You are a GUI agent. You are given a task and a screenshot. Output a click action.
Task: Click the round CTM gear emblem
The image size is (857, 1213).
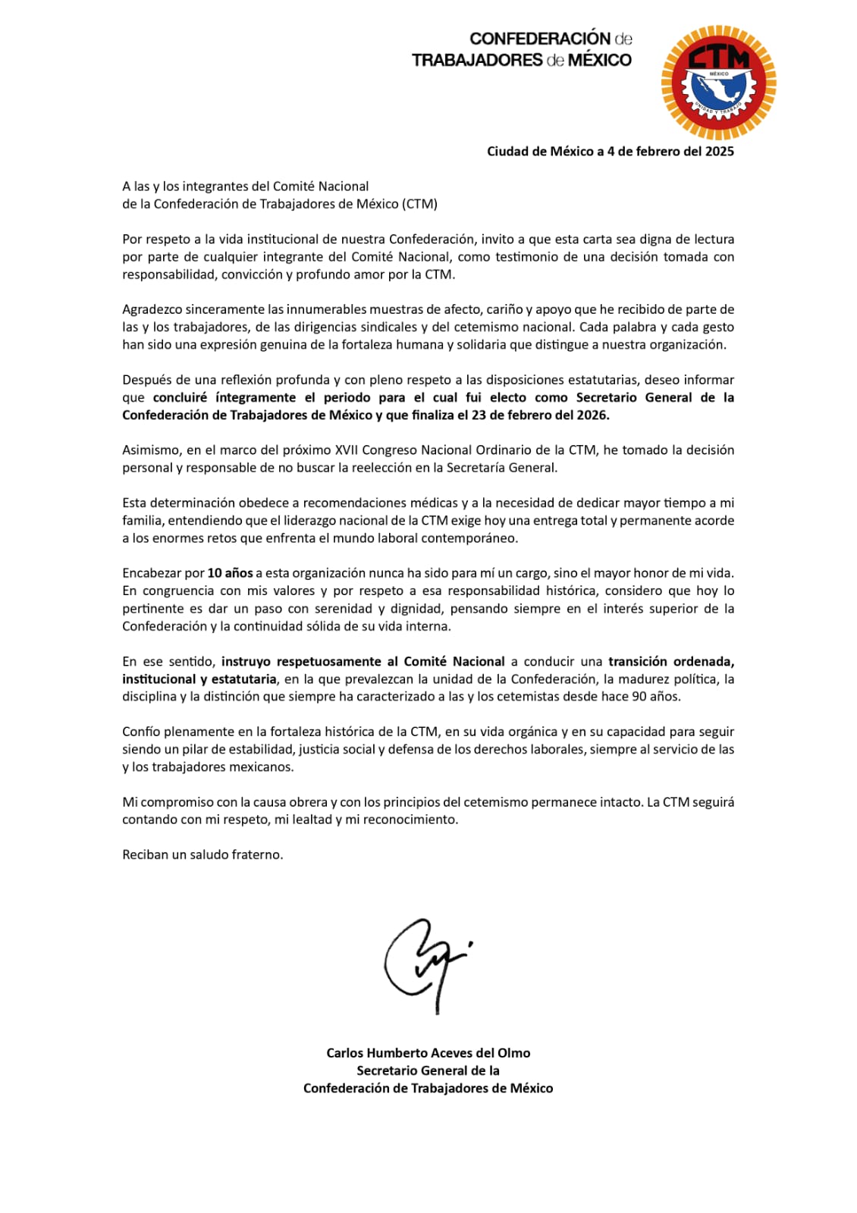pos(718,83)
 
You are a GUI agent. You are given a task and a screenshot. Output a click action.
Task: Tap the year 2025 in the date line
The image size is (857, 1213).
pos(719,152)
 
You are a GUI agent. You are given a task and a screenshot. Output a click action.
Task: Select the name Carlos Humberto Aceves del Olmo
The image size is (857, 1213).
pos(428,1053)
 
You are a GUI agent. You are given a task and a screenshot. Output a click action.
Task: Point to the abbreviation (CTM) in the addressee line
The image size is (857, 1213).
pos(420,204)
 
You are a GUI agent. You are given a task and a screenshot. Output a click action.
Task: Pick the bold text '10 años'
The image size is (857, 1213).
pos(230,573)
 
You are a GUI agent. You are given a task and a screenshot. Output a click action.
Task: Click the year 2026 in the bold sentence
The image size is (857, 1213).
pos(592,415)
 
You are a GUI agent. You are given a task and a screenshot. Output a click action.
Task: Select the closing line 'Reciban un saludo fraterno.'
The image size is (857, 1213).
pos(202,855)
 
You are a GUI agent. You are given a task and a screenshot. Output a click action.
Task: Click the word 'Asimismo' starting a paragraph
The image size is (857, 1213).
pos(150,450)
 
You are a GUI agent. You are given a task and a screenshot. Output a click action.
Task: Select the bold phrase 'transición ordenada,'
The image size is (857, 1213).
pos(670,662)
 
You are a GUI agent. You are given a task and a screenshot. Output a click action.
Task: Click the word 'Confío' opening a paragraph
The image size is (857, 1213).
pos(141,732)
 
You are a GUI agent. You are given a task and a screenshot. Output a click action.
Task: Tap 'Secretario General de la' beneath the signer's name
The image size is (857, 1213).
pos(428,1070)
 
